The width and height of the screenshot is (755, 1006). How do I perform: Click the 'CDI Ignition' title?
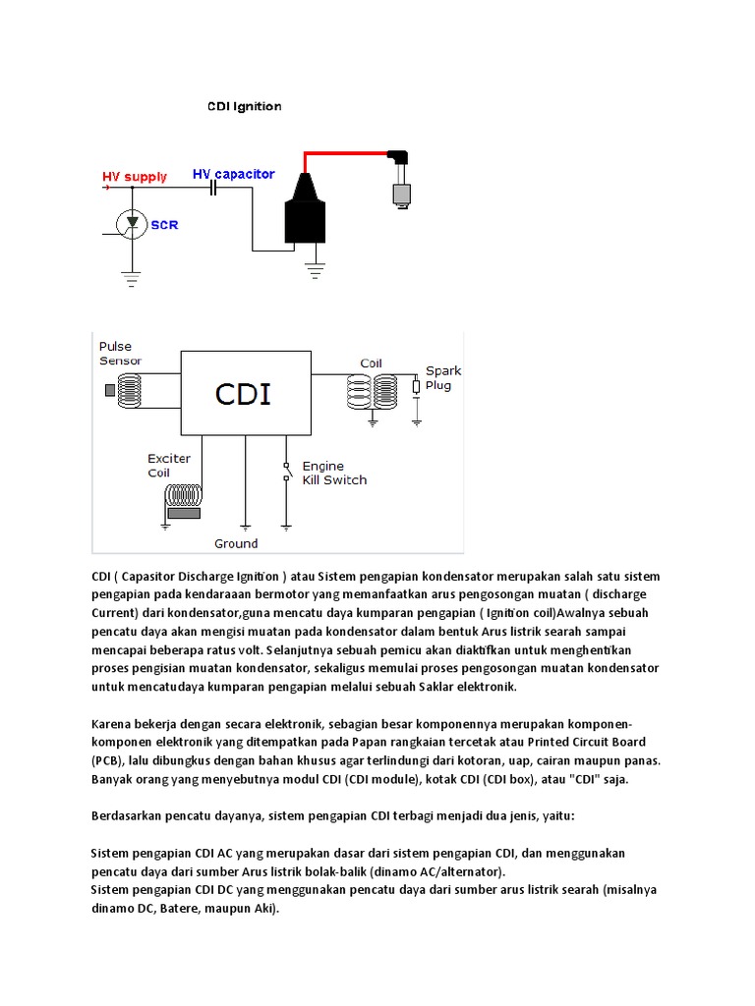[244, 106]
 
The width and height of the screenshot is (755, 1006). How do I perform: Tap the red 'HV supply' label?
[135, 177]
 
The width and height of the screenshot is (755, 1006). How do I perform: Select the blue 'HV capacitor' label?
[233, 174]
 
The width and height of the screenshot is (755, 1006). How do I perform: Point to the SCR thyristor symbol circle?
[131, 224]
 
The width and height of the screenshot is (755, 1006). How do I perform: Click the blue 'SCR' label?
[164, 225]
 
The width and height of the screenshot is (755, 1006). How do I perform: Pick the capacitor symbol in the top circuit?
[212, 189]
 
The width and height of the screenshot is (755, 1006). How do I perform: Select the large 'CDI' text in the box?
[244, 394]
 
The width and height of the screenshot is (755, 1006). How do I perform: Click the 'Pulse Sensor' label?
[120, 354]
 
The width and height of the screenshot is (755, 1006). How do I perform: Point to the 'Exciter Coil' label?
[169, 465]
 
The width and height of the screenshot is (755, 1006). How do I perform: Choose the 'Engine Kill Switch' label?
[333, 473]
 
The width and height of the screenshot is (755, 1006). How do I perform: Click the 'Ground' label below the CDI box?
[236, 543]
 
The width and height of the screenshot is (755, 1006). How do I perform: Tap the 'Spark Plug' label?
[441, 378]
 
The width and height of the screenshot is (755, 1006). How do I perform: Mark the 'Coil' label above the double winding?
[371, 363]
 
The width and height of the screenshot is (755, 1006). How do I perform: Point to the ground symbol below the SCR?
[131, 277]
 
